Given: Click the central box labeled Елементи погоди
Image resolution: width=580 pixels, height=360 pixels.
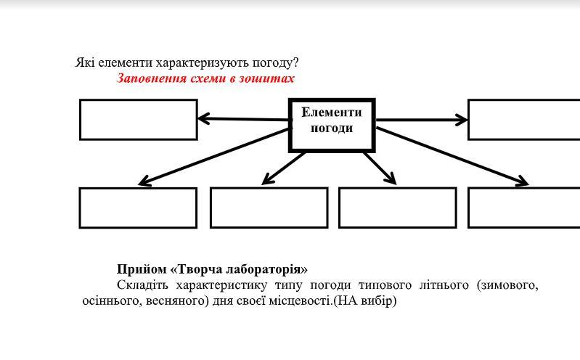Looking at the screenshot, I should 332,125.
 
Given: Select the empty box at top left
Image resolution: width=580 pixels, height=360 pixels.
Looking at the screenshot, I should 138,120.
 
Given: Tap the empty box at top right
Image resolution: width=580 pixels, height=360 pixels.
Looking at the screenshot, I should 523,120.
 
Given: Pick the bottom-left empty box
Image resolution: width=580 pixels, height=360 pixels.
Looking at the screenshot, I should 138,208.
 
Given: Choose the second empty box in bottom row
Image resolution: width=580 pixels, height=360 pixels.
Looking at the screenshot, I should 269,208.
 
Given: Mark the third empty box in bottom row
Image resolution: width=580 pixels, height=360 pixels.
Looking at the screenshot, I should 397,208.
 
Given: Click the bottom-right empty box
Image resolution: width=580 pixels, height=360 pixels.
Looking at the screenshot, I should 523,208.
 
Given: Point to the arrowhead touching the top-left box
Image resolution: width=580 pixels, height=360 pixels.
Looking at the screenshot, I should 203,118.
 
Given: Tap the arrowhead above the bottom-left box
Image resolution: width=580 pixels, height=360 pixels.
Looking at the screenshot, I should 144,181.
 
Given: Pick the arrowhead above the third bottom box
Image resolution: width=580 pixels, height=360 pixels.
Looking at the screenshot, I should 391,179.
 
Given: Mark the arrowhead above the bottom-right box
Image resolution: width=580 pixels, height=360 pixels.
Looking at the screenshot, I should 522,181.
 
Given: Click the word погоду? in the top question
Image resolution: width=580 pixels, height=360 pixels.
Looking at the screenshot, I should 274,63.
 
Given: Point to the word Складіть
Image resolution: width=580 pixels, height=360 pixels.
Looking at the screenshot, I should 142,285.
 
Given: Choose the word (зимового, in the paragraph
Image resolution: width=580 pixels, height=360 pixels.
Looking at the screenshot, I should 507,285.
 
